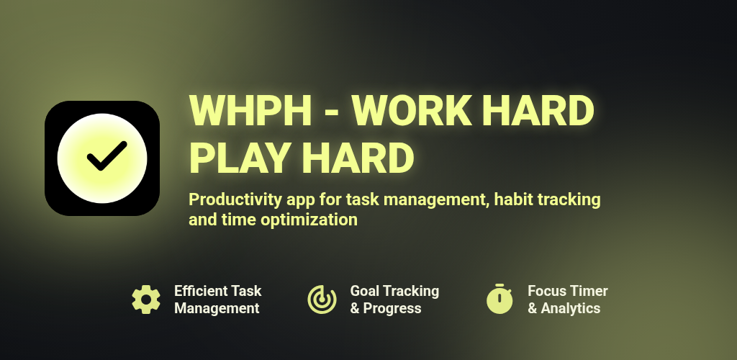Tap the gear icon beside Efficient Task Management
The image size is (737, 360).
(145, 300)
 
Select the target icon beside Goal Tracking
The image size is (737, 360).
(322, 300)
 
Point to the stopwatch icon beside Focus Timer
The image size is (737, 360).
(499, 299)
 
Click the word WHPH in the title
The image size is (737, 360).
(250, 110)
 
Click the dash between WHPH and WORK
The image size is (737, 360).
(332, 113)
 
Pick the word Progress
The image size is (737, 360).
(392, 309)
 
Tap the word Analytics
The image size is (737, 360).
(571, 309)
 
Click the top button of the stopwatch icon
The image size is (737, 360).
(499, 285)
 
